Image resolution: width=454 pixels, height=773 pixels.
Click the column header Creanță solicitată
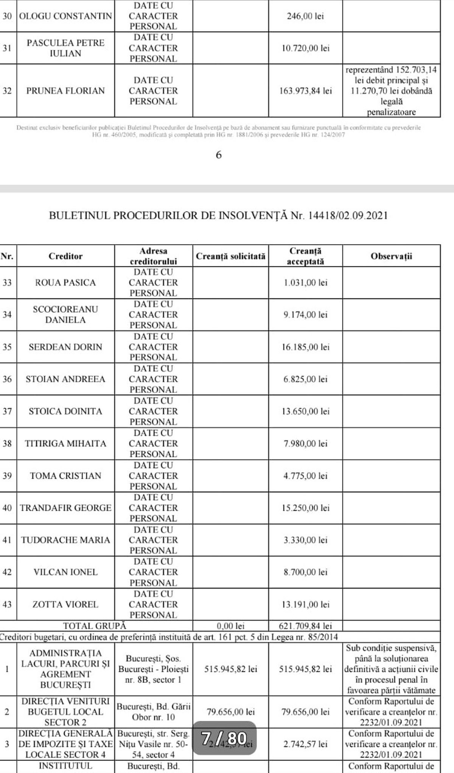(x=230, y=256)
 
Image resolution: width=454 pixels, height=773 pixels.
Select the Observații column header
(x=391, y=256)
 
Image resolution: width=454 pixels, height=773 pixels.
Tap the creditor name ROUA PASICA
(x=65, y=283)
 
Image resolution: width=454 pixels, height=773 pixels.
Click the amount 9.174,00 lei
(x=306, y=315)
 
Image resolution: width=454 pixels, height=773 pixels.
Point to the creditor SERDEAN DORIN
(x=65, y=347)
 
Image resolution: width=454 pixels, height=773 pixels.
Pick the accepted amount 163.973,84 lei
(x=306, y=91)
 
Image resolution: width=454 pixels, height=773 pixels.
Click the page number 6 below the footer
(x=219, y=155)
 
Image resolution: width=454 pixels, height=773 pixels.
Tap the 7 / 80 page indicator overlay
(x=224, y=738)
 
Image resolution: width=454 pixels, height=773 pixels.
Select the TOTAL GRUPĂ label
(x=95, y=626)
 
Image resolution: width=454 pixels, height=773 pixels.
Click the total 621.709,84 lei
(x=306, y=626)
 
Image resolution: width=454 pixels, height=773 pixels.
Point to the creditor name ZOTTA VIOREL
(x=65, y=604)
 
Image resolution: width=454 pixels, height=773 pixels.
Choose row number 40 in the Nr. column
(x=7, y=508)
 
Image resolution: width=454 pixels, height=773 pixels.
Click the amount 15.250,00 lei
(x=306, y=508)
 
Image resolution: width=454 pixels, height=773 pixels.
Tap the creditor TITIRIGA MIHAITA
(x=65, y=443)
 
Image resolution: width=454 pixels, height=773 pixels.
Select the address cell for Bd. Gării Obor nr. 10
(x=154, y=712)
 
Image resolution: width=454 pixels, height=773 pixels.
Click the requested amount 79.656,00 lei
(x=230, y=712)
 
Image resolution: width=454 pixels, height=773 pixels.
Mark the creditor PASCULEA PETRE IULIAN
(x=65, y=48)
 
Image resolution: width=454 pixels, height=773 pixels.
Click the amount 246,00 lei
(x=306, y=16)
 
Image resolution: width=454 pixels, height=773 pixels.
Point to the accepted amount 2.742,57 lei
(x=306, y=744)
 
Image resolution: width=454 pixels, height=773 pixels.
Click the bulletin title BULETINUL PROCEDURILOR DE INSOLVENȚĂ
(x=169, y=215)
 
